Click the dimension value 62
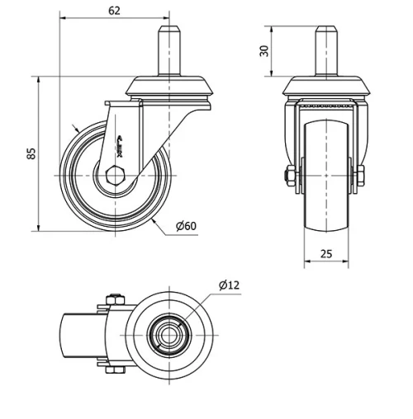[x=114, y=12]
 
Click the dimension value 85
[x=31, y=154]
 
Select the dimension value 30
[x=264, y=50]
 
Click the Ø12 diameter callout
[x=229, y=285]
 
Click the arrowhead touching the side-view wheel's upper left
[x=77, y=129]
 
